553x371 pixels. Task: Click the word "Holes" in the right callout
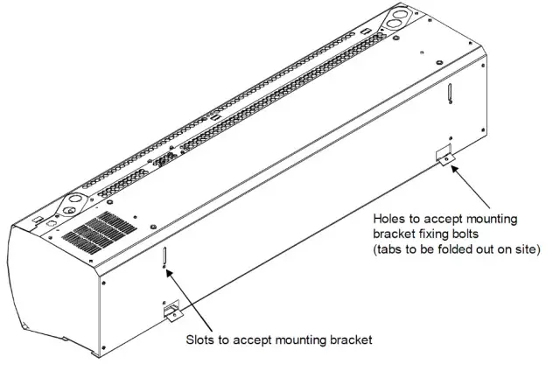tap(389, 218)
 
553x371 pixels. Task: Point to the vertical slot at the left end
tap(162, 259)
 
